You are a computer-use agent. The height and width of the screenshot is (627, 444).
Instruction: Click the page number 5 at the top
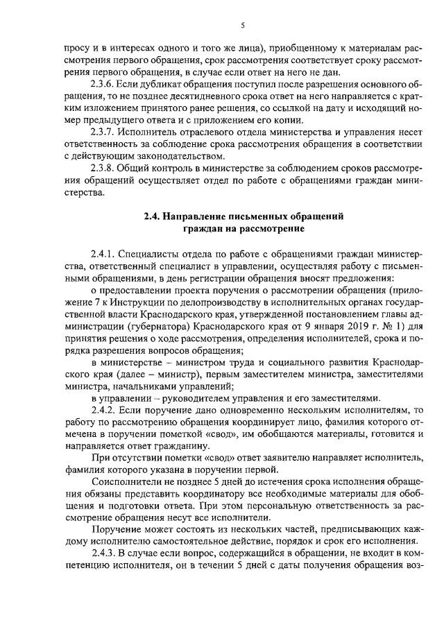pyautogui.click(x=243, y=26)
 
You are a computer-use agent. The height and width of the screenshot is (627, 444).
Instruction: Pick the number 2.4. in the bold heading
pyautogui.click(x=153, y=216)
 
